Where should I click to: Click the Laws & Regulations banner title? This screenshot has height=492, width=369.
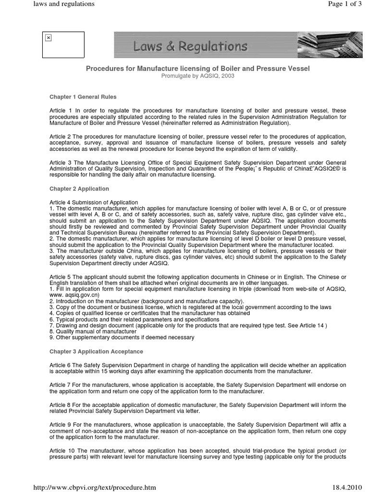[x=191, y=47]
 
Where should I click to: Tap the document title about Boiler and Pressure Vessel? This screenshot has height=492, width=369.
[x=197, y=69]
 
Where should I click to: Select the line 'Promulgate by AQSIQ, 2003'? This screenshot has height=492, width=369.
[x=197, y=76]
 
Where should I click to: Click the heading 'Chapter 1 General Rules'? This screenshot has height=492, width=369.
[x=83, y=97]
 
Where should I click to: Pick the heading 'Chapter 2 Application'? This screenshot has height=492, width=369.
[x=79, y=189]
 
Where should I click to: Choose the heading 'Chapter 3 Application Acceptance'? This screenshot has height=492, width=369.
[x=96, y=352]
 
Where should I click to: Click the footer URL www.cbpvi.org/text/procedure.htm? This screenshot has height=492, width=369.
[x=94, y=487]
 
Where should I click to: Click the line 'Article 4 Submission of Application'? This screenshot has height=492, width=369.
[x=94, y=202]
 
